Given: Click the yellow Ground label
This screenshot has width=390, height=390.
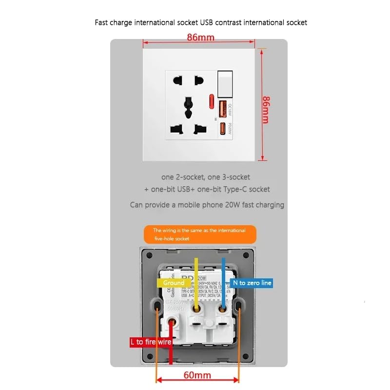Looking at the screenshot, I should [x=174, y=283].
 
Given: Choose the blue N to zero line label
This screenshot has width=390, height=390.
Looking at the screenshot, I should [x=252, y=283].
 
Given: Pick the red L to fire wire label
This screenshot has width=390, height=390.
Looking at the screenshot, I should [x=151, y=342].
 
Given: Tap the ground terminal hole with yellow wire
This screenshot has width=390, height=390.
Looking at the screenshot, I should [x=196, y=308].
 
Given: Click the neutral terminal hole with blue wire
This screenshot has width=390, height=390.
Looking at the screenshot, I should [x=223, y=308].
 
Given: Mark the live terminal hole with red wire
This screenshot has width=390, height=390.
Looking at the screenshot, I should [x=171, y=322].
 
